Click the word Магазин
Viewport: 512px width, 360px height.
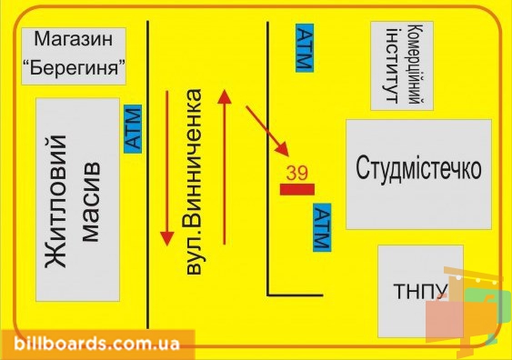pos(74,38)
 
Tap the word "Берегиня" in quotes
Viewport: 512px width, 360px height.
pos(74,67)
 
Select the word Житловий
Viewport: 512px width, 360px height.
pos(56,202)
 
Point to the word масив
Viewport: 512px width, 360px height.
pos(90,201)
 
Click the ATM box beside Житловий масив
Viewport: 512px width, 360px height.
pos(133,129)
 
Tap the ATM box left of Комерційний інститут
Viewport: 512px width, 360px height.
pos(305,47)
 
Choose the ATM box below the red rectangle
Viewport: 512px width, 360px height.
pos(322,227)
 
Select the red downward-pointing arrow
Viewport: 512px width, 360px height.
pos(167,168)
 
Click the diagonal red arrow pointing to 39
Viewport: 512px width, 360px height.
pos(267,130)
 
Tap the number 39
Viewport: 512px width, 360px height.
pos(296,173)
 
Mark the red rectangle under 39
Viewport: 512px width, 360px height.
pos(297,189)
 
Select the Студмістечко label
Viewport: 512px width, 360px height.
pos(418,168)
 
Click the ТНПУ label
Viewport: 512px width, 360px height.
pos(420,291)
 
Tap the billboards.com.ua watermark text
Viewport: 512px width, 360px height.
pos(97,344)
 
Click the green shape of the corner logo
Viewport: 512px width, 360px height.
pos(484,310)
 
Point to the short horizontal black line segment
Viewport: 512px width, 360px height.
pos(296,295)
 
